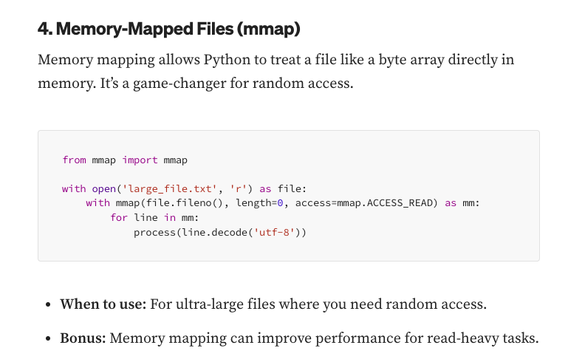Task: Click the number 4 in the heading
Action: (x=43, y=30)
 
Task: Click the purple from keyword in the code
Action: (x=74, y=160)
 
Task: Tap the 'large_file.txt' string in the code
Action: (x=166, y=188)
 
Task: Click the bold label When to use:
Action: (x=103, y=304)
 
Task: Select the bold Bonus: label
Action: (x=83, y=338)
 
